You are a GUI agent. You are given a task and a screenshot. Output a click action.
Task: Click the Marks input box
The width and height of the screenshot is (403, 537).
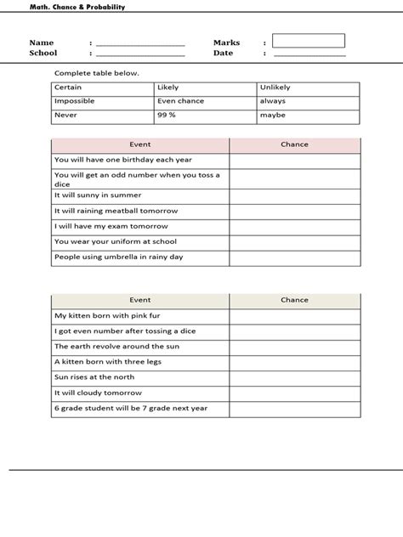[309, 41]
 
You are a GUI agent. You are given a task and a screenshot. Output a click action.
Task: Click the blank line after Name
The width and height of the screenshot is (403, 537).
[140, 44]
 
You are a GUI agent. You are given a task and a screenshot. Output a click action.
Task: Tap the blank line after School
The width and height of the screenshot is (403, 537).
[140, 54]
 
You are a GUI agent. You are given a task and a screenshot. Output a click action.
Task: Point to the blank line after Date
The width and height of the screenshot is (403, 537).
[309, 54]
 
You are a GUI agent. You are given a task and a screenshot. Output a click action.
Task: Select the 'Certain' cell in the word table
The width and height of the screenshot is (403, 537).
[102, 88]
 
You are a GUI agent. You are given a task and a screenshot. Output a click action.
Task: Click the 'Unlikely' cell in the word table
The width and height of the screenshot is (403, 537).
[307, 88]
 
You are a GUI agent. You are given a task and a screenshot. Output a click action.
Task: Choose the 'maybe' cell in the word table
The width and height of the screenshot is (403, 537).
[307, 113]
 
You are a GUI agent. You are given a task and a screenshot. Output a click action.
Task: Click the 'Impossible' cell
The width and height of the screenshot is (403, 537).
[102, 100]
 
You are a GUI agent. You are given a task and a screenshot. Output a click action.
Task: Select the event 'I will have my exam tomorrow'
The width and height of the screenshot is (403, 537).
[111, 226]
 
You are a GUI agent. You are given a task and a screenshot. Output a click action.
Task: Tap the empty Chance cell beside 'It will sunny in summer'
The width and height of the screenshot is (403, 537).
[294, 195]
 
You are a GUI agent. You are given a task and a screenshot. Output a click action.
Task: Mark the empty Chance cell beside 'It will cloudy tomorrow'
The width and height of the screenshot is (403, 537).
[294, 393]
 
